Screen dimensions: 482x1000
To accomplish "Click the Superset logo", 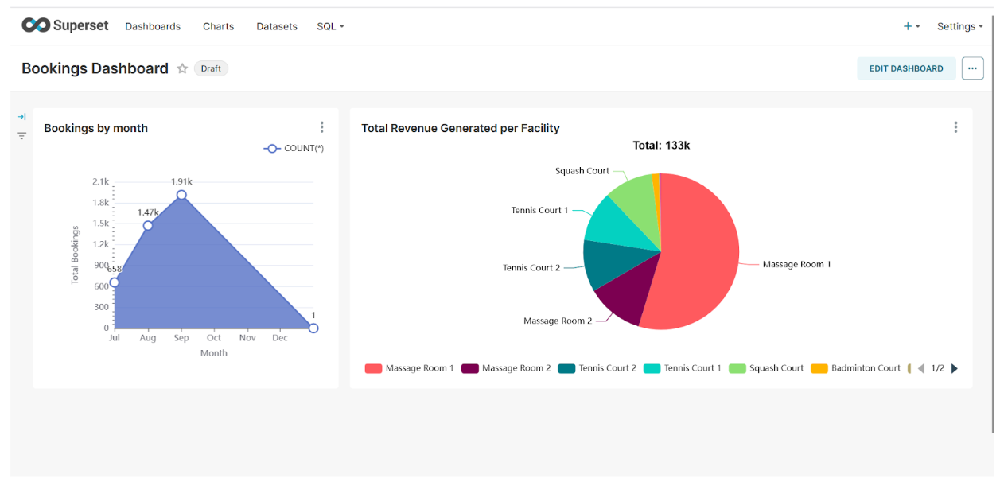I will (x=64, y=25).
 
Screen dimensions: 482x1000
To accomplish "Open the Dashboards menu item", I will (x=153, y=26).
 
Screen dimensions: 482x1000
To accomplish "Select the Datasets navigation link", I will (x=277, y=26).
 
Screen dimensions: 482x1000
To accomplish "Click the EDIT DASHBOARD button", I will (x=906, y=68).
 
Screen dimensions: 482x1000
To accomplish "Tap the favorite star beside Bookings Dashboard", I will (x=182, y=68).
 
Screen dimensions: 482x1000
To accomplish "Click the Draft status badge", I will (x=211, y=68).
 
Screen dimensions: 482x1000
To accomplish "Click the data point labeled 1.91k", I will (x=181, y=195).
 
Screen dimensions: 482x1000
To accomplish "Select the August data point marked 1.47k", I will (x=148, y=225).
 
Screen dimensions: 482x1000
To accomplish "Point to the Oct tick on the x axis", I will (x=214, y=338).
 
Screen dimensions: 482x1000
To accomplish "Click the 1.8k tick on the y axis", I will (x=100, y=203).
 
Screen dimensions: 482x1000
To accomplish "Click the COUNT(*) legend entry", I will (x=294, y=148).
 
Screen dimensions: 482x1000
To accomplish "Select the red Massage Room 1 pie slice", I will (x=700, y=255).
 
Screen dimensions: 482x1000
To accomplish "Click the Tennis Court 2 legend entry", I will (x=597, y=368).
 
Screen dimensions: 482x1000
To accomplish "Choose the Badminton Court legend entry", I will (x=856, y=368).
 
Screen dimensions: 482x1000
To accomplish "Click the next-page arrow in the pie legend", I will (x=955, y=368).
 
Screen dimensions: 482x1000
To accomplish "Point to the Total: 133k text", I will (x=661, y=146).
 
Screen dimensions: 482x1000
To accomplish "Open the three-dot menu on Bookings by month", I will (x=321, y=127).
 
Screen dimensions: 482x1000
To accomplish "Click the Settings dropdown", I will (x=959, y=26).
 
